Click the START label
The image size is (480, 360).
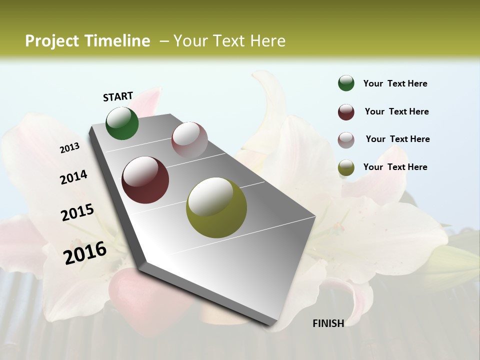point(118,96)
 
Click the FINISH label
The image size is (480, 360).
point(328,323)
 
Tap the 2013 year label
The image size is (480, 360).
point(69,148)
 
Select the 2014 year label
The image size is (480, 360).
point(74,177)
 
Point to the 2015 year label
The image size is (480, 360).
point(77,212)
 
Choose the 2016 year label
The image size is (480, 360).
point(85,252)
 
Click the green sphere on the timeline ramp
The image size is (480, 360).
point(122,123)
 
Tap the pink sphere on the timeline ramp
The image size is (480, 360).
point(189,140)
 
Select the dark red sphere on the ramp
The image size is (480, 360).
point(145,180)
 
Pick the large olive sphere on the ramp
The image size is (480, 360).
point(216,207)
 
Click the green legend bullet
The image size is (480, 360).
point(346,83)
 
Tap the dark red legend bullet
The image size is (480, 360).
point(346,111)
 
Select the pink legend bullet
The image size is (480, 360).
point(346,139)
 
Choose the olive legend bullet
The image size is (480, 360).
point(346,167)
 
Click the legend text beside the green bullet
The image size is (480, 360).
point(395,84)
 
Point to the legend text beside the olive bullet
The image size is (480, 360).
point(395,167)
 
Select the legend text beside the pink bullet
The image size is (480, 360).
point(397,139)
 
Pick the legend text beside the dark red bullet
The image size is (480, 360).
point(396,111)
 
